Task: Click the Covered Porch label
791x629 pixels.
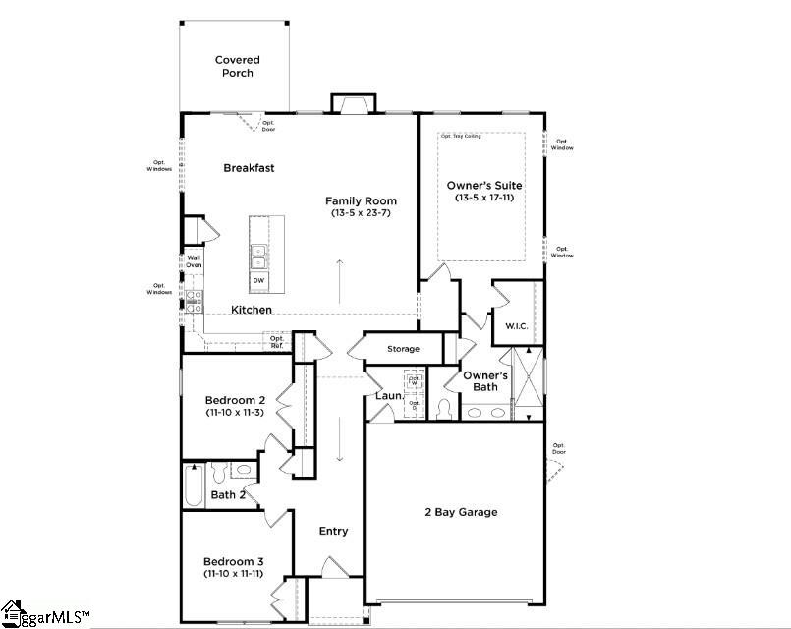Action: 237,67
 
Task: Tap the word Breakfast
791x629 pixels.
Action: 249,168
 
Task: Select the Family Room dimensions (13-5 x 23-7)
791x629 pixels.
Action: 362,213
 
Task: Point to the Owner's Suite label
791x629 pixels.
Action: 484,185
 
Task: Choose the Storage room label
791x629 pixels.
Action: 403,349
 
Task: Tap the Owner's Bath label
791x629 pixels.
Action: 484,381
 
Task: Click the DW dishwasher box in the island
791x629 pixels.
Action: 258,281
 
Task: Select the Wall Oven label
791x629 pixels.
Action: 194,261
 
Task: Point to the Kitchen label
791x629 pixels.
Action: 252,310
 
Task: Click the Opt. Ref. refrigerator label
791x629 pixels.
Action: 277,342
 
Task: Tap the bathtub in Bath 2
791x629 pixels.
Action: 195,486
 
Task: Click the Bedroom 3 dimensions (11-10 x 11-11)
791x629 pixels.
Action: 235,573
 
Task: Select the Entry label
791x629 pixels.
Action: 334,531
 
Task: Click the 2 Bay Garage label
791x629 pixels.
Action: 461,512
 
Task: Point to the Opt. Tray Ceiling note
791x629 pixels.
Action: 461,136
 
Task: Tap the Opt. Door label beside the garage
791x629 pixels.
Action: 559,449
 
